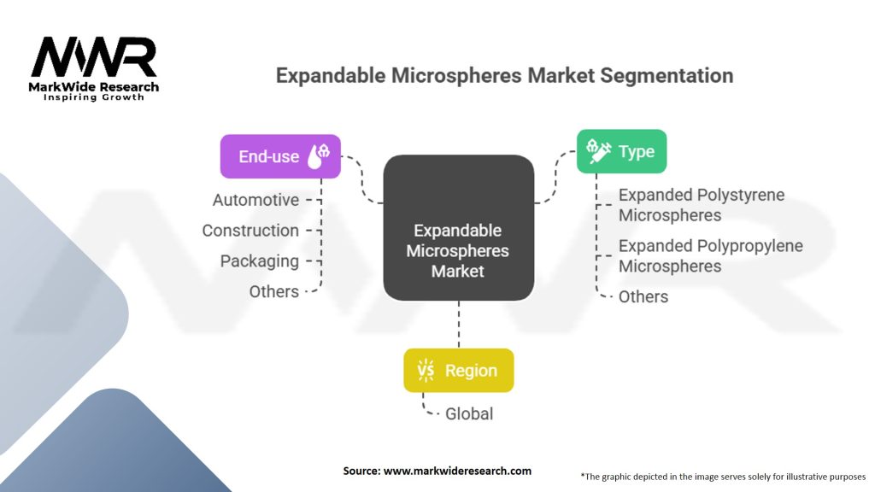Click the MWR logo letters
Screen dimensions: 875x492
tap(94, 58)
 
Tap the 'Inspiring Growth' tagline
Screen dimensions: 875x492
tap(94, 97)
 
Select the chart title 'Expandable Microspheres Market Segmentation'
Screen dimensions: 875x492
tap(504, 75)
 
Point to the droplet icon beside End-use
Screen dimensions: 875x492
tap(323, 155)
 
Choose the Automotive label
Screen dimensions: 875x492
tap(255, 200)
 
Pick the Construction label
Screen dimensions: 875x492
tap(250, 231)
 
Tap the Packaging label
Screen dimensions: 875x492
tap(259, 261)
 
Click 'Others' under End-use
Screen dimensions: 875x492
tap(273, 291)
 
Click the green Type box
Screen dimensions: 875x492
tap(621, 152)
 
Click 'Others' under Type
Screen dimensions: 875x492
tap(643, 296)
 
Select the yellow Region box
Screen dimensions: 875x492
tap(459, 370)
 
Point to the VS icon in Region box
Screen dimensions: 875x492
tap(426, 370)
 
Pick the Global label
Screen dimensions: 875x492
tap(469, 413)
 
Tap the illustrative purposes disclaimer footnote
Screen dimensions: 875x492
tap(723, 476)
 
